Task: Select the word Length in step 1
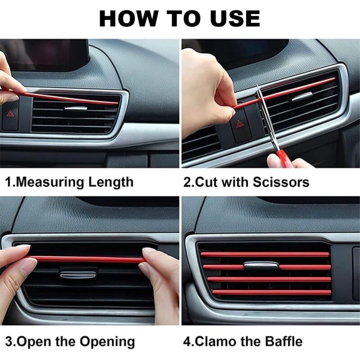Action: [111, 182]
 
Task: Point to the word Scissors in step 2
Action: [281, 182]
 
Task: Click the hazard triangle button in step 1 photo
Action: [10, 113]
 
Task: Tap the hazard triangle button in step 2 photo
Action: [240, 124]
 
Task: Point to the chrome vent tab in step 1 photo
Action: [76, 108]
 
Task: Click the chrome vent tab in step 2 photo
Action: [302, 96]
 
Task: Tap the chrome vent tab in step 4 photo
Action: [261, 265]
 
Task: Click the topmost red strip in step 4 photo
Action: [265, 254]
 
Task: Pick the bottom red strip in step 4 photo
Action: [271, 292]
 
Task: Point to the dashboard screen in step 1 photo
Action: [44, 54]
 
